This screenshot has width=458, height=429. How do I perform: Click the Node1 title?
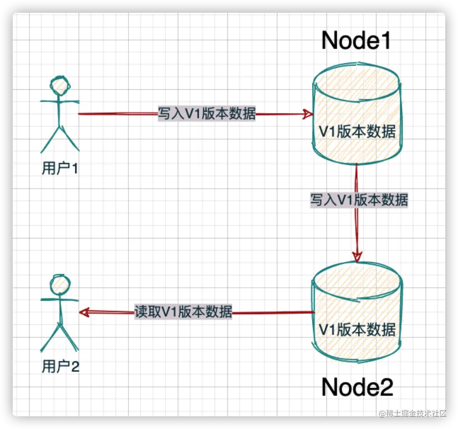(x=356, y=41)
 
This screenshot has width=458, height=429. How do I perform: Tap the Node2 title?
(x=357, y=387)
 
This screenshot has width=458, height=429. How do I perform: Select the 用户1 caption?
(x=60, y=169)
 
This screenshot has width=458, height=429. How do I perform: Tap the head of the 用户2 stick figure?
(x=59, y=283)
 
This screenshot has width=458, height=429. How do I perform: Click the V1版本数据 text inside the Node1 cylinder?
(x=357, y=131)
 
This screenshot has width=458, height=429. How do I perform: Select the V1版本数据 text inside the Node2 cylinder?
(x=357, y=329)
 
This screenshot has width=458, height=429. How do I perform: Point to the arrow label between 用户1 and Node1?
(x=207, y=114)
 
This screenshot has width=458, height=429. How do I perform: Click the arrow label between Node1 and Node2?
(x=359, y=199)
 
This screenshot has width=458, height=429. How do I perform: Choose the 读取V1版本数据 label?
(x=183, y=312)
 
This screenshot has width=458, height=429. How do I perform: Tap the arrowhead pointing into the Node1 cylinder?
(x=308, y=114)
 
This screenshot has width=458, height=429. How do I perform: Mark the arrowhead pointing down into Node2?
(x=357, y=256)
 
